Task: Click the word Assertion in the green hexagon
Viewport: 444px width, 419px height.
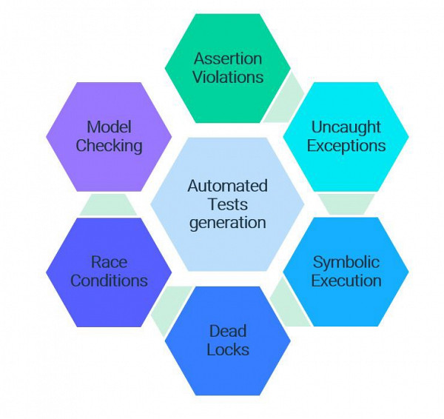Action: pos(228,58)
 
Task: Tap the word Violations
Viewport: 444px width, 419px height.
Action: pos(228,76)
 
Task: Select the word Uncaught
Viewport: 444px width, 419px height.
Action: pos(346,127)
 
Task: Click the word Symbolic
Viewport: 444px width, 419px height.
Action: pos(346,262)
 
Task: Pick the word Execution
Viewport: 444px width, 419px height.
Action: pos(346,281)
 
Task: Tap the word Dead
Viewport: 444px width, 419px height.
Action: pos(228,330)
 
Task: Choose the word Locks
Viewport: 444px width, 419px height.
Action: pos(228,349)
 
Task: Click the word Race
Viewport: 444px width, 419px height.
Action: pos(109,262)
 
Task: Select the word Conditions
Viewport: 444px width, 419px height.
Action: pos(109,281)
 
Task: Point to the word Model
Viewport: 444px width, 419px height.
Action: pos(109,127)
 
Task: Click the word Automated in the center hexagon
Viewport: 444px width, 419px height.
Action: pos(228,185)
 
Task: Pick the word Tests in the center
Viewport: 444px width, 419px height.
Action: pos(228,204)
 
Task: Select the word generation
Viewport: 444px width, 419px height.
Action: pos(228,222)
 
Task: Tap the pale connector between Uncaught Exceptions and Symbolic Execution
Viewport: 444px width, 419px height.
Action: pos(346,204)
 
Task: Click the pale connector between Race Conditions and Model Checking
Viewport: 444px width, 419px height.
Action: pos(108,204)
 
